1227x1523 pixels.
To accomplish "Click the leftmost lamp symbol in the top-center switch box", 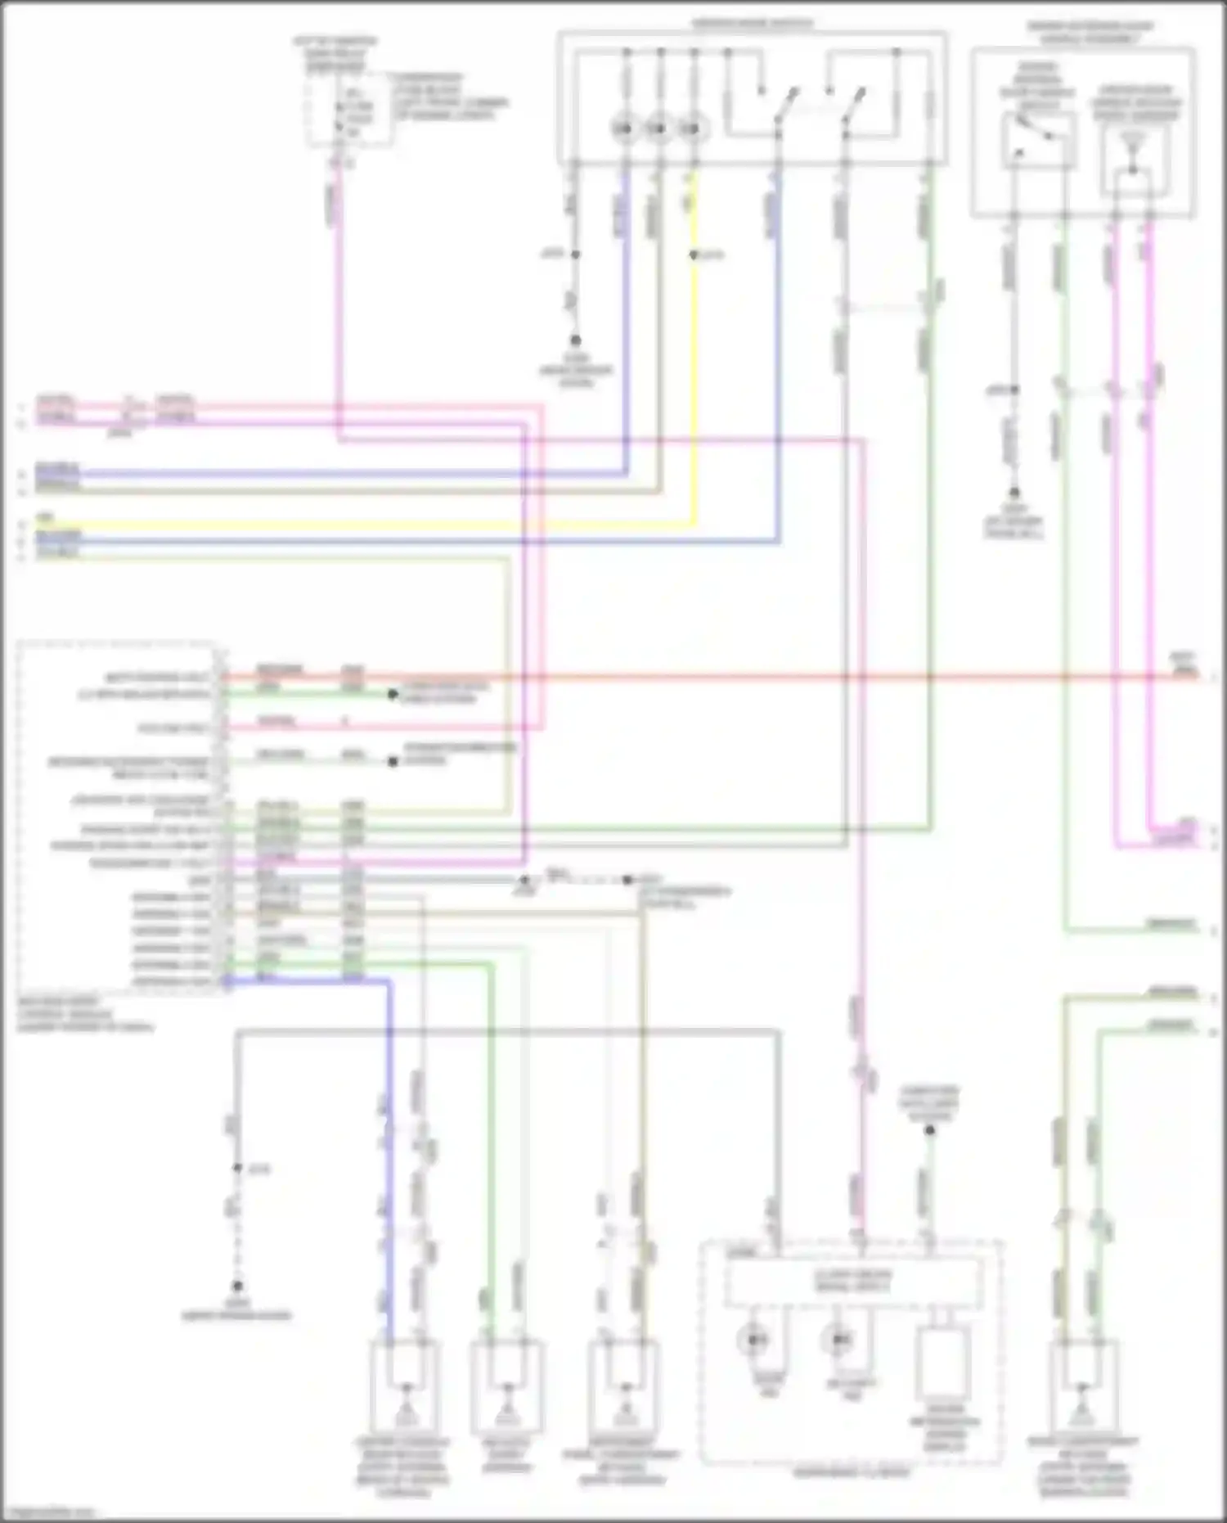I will tap(626, 128).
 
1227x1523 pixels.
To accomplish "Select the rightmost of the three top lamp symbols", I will tap(694, 128).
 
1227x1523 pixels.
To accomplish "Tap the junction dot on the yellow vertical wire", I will tap(694, 255).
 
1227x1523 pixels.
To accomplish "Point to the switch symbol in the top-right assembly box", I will tap(1037, 139).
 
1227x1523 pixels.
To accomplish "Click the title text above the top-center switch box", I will tap(753, 24).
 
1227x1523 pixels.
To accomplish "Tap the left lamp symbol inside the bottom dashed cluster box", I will tap(753, 1341).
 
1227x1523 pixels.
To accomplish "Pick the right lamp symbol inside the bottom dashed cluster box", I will tap(839, 1341).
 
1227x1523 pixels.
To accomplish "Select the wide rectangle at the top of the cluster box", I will tap(853, 1282).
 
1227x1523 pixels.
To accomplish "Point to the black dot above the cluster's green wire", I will tap(930, 1130).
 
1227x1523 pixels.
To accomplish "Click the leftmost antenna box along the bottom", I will tap(405, 1387).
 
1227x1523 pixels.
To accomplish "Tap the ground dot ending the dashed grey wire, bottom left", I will tap(237, 1286).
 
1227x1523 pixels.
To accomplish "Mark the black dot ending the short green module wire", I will tap(393, 694).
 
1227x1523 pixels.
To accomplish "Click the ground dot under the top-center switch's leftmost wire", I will tap(576, 340).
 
